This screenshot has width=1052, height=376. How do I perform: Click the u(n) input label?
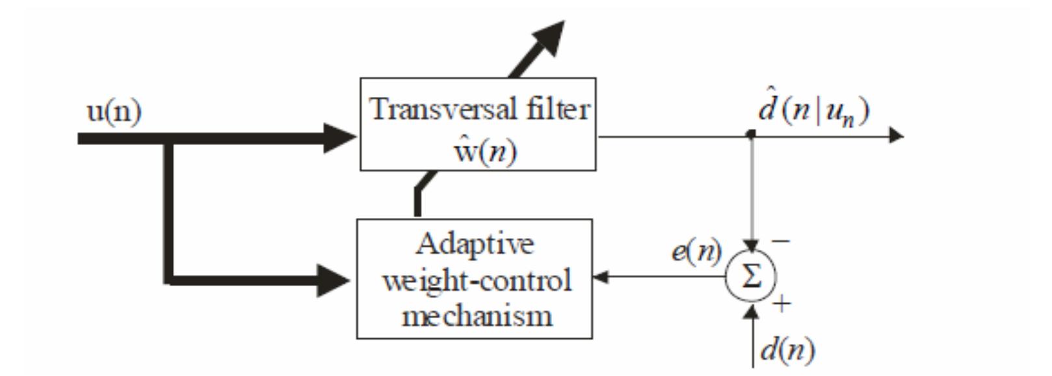coord(114,113)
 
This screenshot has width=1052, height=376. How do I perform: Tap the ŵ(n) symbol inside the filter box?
coord(478,152)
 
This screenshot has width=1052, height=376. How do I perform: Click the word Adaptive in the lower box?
coord(475,245)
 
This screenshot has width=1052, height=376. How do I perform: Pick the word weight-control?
coord(477,280)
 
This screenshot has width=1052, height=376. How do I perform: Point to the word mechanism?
coord(477,316)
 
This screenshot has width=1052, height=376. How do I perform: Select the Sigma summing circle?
coord(751,278)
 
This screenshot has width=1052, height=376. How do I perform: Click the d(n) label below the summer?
coord(787,351)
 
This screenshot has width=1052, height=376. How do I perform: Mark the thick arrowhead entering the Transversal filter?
coord(341,138)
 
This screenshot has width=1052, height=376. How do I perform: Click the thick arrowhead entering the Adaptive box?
coord(335,281)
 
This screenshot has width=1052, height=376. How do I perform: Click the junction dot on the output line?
coord(751,135)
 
